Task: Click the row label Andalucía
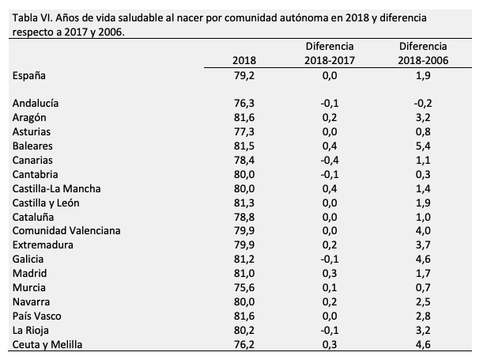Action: click(x=36, y=103)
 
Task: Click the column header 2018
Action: click(x=245, y=61)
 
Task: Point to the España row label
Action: click(x=31, y=75)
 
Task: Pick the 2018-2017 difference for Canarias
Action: click(x=330, y=160)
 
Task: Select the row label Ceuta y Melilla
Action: click(x=48, y=344)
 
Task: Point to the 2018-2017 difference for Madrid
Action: click(x=330, y=273)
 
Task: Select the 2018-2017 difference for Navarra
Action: click(x=330, y=301)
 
